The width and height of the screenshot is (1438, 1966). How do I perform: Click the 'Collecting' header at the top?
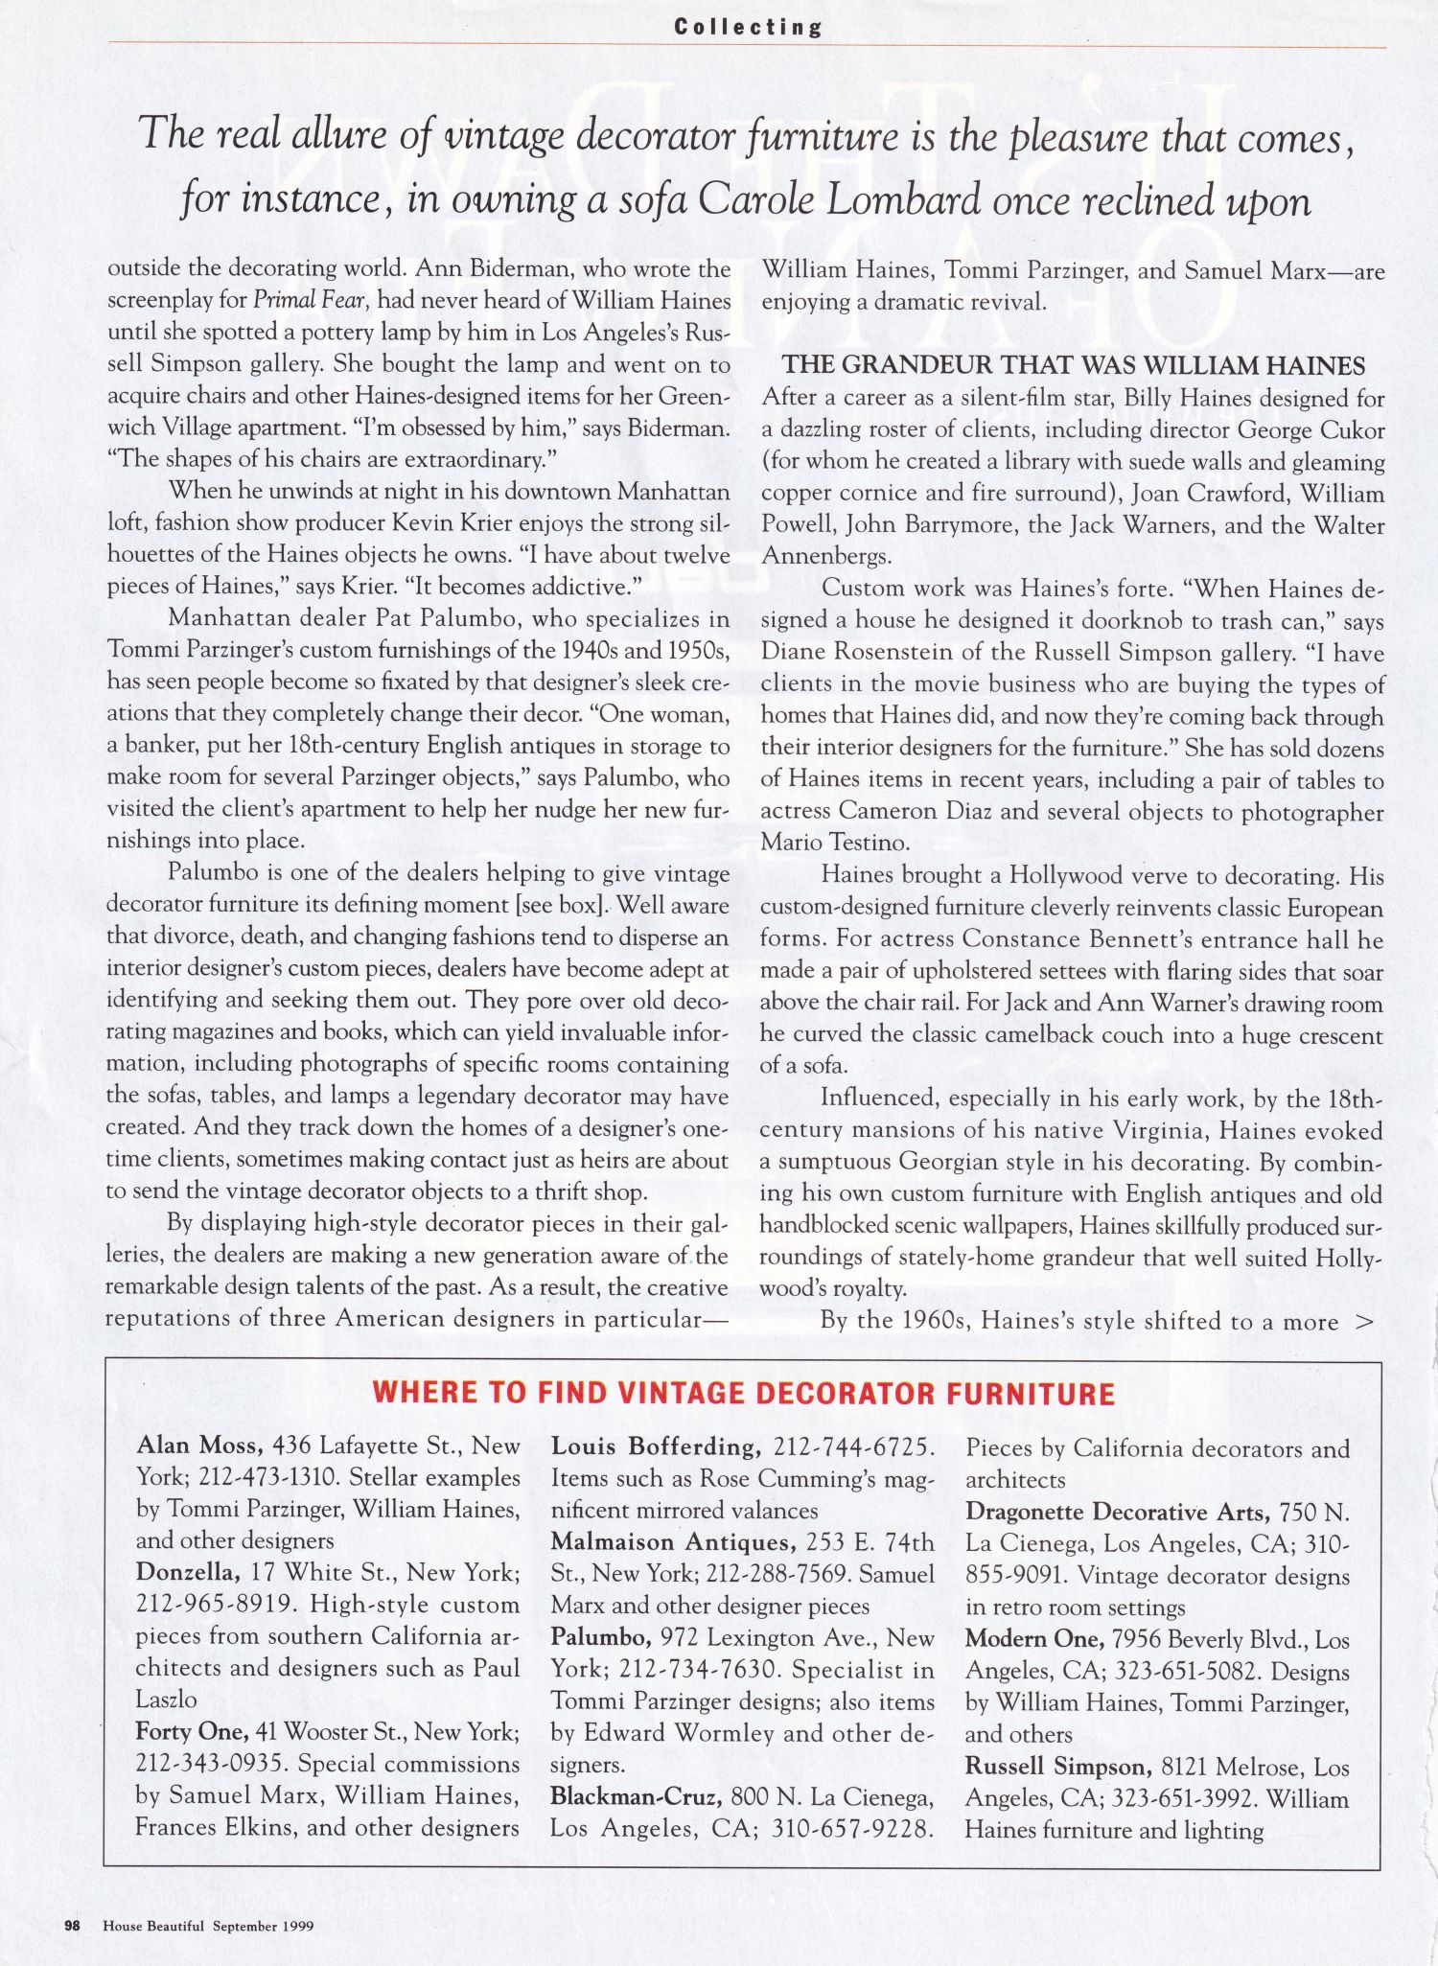tap(747, 27)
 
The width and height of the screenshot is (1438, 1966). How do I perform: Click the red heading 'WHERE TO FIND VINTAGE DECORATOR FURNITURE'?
tap(743, 1393)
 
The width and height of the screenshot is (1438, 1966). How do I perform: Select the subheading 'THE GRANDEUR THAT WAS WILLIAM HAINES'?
tap(1074, 365)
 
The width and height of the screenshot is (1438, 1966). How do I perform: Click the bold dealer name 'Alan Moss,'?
tap(200, 1446)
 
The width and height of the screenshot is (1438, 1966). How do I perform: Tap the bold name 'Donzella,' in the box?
tap(188, 1573)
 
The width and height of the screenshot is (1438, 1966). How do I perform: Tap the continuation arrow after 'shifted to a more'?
tap(1365, 1322)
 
